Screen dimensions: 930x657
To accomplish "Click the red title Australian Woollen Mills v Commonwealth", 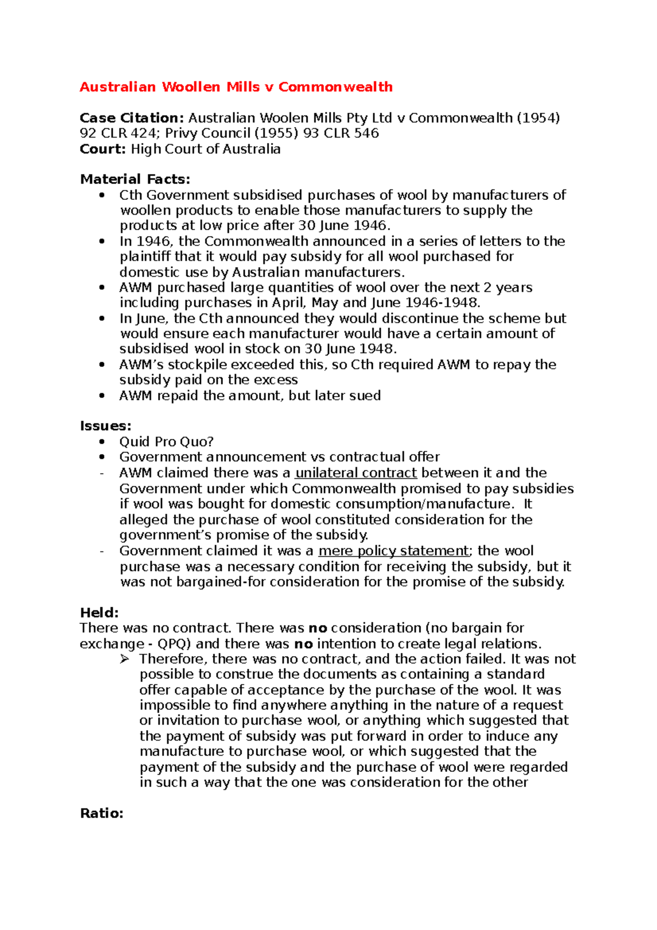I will point(236,87).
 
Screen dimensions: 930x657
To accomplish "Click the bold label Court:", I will point(103,149).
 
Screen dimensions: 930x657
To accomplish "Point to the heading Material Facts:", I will point(135,179).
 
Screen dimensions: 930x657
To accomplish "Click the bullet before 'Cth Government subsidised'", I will point(101,196).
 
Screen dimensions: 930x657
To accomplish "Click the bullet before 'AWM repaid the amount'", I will point(101,395).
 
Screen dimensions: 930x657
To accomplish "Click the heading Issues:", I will point(105,426).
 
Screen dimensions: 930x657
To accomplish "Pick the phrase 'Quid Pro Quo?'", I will point(166,441).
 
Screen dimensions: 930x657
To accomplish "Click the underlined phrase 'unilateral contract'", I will point(356,473).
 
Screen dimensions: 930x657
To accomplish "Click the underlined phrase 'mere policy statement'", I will point(394,551).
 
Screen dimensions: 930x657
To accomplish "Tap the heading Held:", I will point(99,612).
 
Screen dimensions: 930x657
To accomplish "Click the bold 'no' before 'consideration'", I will point(318,628).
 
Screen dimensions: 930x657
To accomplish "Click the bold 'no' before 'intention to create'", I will point(304,644).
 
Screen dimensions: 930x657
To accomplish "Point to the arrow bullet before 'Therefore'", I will point(124,659).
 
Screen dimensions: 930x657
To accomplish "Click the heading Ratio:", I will point(101,813).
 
